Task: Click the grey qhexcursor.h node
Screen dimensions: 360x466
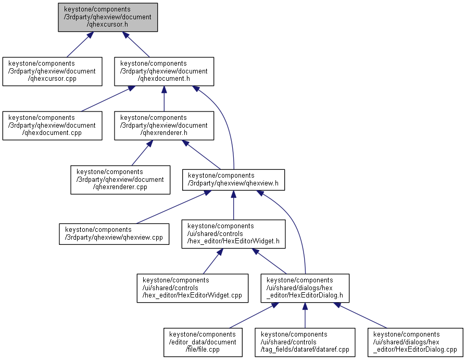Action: click(x=108, y=17)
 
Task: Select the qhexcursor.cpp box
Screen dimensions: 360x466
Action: click(x=52, y=71)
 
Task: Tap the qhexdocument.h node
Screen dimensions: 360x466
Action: click(x=164, y=71)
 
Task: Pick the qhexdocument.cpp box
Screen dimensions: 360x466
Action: click(x=52, y=126)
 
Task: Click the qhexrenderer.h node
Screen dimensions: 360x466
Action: click(x=164, y=126)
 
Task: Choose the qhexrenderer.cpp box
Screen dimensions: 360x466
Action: click(x=120, y=180)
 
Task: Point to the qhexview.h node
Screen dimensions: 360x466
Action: click(x=233, y=180)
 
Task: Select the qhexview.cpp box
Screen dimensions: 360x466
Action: click(x=114, y=234)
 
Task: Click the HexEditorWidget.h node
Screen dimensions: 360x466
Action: click(x=233, y=234)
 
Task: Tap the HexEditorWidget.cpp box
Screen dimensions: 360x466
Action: click(x=192, y=288)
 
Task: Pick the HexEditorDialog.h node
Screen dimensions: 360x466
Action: click(x=305, y=288)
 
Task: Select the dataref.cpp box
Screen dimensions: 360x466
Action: click(x=305, y=342)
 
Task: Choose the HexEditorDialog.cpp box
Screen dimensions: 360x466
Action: click(x=415, y=342)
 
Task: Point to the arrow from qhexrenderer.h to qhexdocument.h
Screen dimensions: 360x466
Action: click(x=164, y=99)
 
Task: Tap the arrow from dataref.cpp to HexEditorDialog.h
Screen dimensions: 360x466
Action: click(x=305, y=316)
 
